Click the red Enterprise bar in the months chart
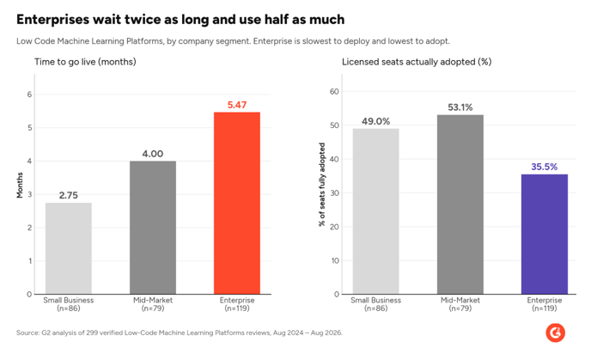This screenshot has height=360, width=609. click(x=237, y=203)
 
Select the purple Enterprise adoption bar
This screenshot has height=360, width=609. click(x=544, y=235)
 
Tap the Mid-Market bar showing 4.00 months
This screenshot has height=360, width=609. click(x=153, y=228)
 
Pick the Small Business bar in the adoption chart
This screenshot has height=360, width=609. click(x=375, y=211)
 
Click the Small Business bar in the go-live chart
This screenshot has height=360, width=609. click(x=69, y=248)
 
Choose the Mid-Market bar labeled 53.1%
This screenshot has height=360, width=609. click(x=460, y=204)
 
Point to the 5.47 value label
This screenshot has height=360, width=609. click(x=237, y=105)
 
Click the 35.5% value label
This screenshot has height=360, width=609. click(x=544, y=167)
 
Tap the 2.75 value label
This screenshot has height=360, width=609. click(x=69, y=195)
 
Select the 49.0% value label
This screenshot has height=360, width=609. click(x=375, y=121)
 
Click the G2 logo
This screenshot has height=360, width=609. click(x=556, y=333)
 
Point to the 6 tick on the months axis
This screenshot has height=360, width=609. click(x=29, y=95)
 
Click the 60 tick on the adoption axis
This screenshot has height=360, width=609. click(x=334, y=91)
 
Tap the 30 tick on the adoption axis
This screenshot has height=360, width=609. click(x=334, y=193)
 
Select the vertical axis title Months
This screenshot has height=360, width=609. click(x=20, y=186)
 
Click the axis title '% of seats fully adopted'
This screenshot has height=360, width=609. click(x=321, y=185)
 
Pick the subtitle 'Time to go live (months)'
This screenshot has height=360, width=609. click(x=85, y=62)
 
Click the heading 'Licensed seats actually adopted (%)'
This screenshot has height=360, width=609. click(x=417, y=62)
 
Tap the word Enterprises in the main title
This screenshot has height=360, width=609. click(x=52, y=20)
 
